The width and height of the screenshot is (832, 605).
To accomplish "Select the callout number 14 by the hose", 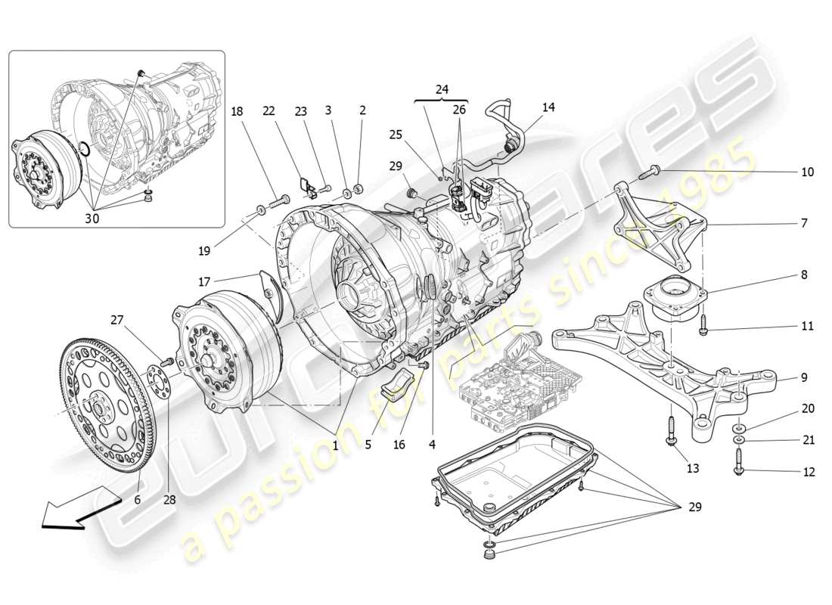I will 548,107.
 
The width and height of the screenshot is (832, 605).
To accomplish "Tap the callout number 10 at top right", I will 807,172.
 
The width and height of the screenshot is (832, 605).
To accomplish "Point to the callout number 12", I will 809,472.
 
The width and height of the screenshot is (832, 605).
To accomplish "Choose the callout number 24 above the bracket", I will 442,89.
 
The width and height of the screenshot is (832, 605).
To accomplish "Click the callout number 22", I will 268,110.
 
